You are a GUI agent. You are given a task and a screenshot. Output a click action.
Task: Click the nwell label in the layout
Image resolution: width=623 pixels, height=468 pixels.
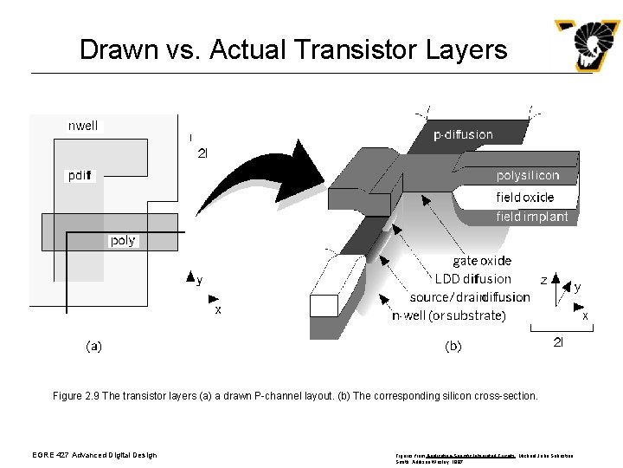(83, 126)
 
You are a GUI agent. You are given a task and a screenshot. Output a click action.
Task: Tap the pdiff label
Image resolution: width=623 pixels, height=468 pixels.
(81, 176)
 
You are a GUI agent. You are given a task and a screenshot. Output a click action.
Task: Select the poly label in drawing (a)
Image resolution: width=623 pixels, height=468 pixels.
(122, 240)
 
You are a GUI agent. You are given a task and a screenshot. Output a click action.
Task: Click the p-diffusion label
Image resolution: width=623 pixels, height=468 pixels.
(463, 134)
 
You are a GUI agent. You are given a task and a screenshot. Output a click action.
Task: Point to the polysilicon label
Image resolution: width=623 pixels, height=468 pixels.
(527, 176)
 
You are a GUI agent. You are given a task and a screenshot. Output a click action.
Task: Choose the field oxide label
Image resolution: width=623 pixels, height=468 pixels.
(524, 197)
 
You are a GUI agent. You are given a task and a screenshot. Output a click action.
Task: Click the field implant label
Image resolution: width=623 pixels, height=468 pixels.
(531, 217)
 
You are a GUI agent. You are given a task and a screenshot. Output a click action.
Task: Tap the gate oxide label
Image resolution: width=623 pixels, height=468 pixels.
(482, 261)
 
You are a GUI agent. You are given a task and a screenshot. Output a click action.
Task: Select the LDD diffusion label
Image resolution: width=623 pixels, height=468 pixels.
(472, 279)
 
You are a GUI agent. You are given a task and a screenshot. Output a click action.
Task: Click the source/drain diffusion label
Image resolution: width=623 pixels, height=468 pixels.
(470, 297)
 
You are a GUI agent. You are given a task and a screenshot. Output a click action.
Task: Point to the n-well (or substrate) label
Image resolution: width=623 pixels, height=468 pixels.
(448, 315)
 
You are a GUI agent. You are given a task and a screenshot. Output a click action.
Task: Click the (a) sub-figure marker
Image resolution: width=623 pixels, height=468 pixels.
(93, 346)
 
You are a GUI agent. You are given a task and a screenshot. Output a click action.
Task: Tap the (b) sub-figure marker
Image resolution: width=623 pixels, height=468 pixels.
(453, 346)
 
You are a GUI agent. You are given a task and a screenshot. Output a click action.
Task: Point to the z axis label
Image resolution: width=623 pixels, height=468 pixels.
(543, 280)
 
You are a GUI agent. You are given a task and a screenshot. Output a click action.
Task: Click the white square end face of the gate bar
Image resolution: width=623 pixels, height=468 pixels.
(323, 305)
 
